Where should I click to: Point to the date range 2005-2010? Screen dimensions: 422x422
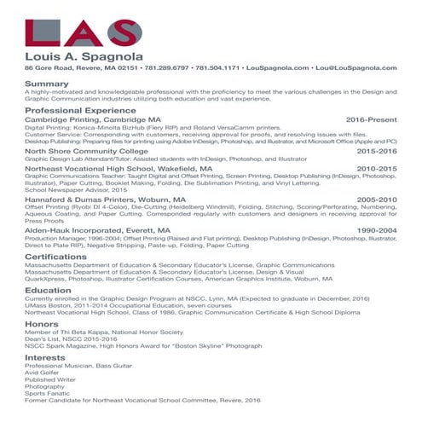[376, 199]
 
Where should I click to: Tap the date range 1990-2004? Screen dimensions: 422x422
[376, 230]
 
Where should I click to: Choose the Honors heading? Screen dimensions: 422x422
[42, 324]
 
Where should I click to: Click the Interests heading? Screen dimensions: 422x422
[46, 357]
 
